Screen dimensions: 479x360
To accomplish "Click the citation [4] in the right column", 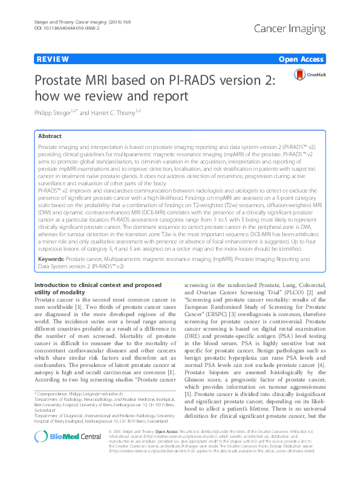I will [x=324, y=365].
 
